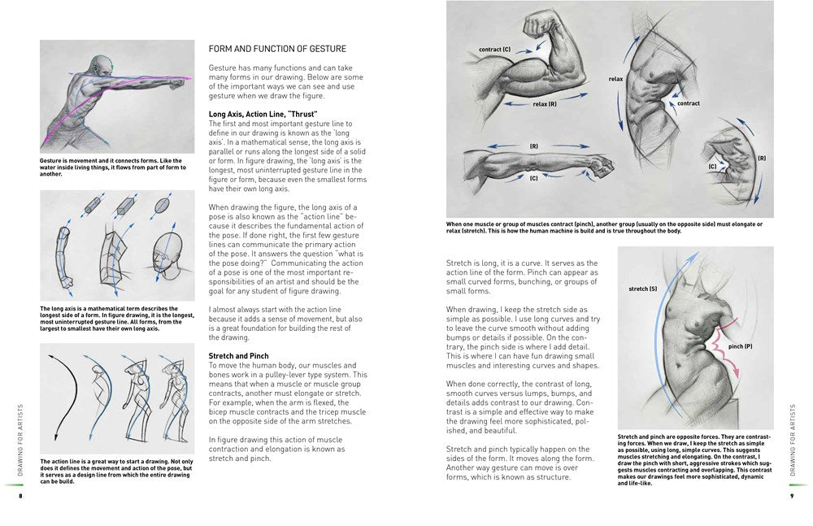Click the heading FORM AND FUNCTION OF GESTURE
[x=277, y=49]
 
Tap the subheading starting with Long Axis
[x=263, y=114]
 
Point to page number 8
[x=22, y=497]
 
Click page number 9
[x=791, y=497]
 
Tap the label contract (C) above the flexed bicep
[x=494, y=50]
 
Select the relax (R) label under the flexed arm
[x=544, y=104]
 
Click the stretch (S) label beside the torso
[x=642, y=289]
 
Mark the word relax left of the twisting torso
[x=615, y=79]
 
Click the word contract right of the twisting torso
[x=688, y=103]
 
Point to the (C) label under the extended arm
[x=533, y=177]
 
